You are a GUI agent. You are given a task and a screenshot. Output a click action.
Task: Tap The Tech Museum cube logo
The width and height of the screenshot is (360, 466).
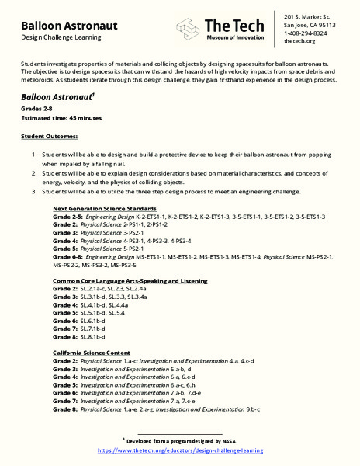[x=189, y=30]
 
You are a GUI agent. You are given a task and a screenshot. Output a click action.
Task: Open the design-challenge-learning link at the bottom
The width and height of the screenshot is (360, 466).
[x=180, y=450]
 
